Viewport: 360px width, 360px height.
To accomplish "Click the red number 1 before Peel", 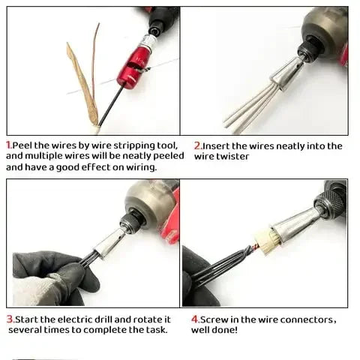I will [8, 145].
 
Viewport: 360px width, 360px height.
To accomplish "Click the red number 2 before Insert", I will [197, 145].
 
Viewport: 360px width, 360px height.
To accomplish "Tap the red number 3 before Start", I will [9, 319].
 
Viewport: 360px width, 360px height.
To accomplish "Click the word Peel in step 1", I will [23, 145].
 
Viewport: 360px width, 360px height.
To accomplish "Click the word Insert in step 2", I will [217, 145].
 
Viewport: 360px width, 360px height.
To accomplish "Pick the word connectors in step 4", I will [303, 319].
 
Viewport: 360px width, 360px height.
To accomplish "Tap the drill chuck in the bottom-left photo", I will [133, 220].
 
